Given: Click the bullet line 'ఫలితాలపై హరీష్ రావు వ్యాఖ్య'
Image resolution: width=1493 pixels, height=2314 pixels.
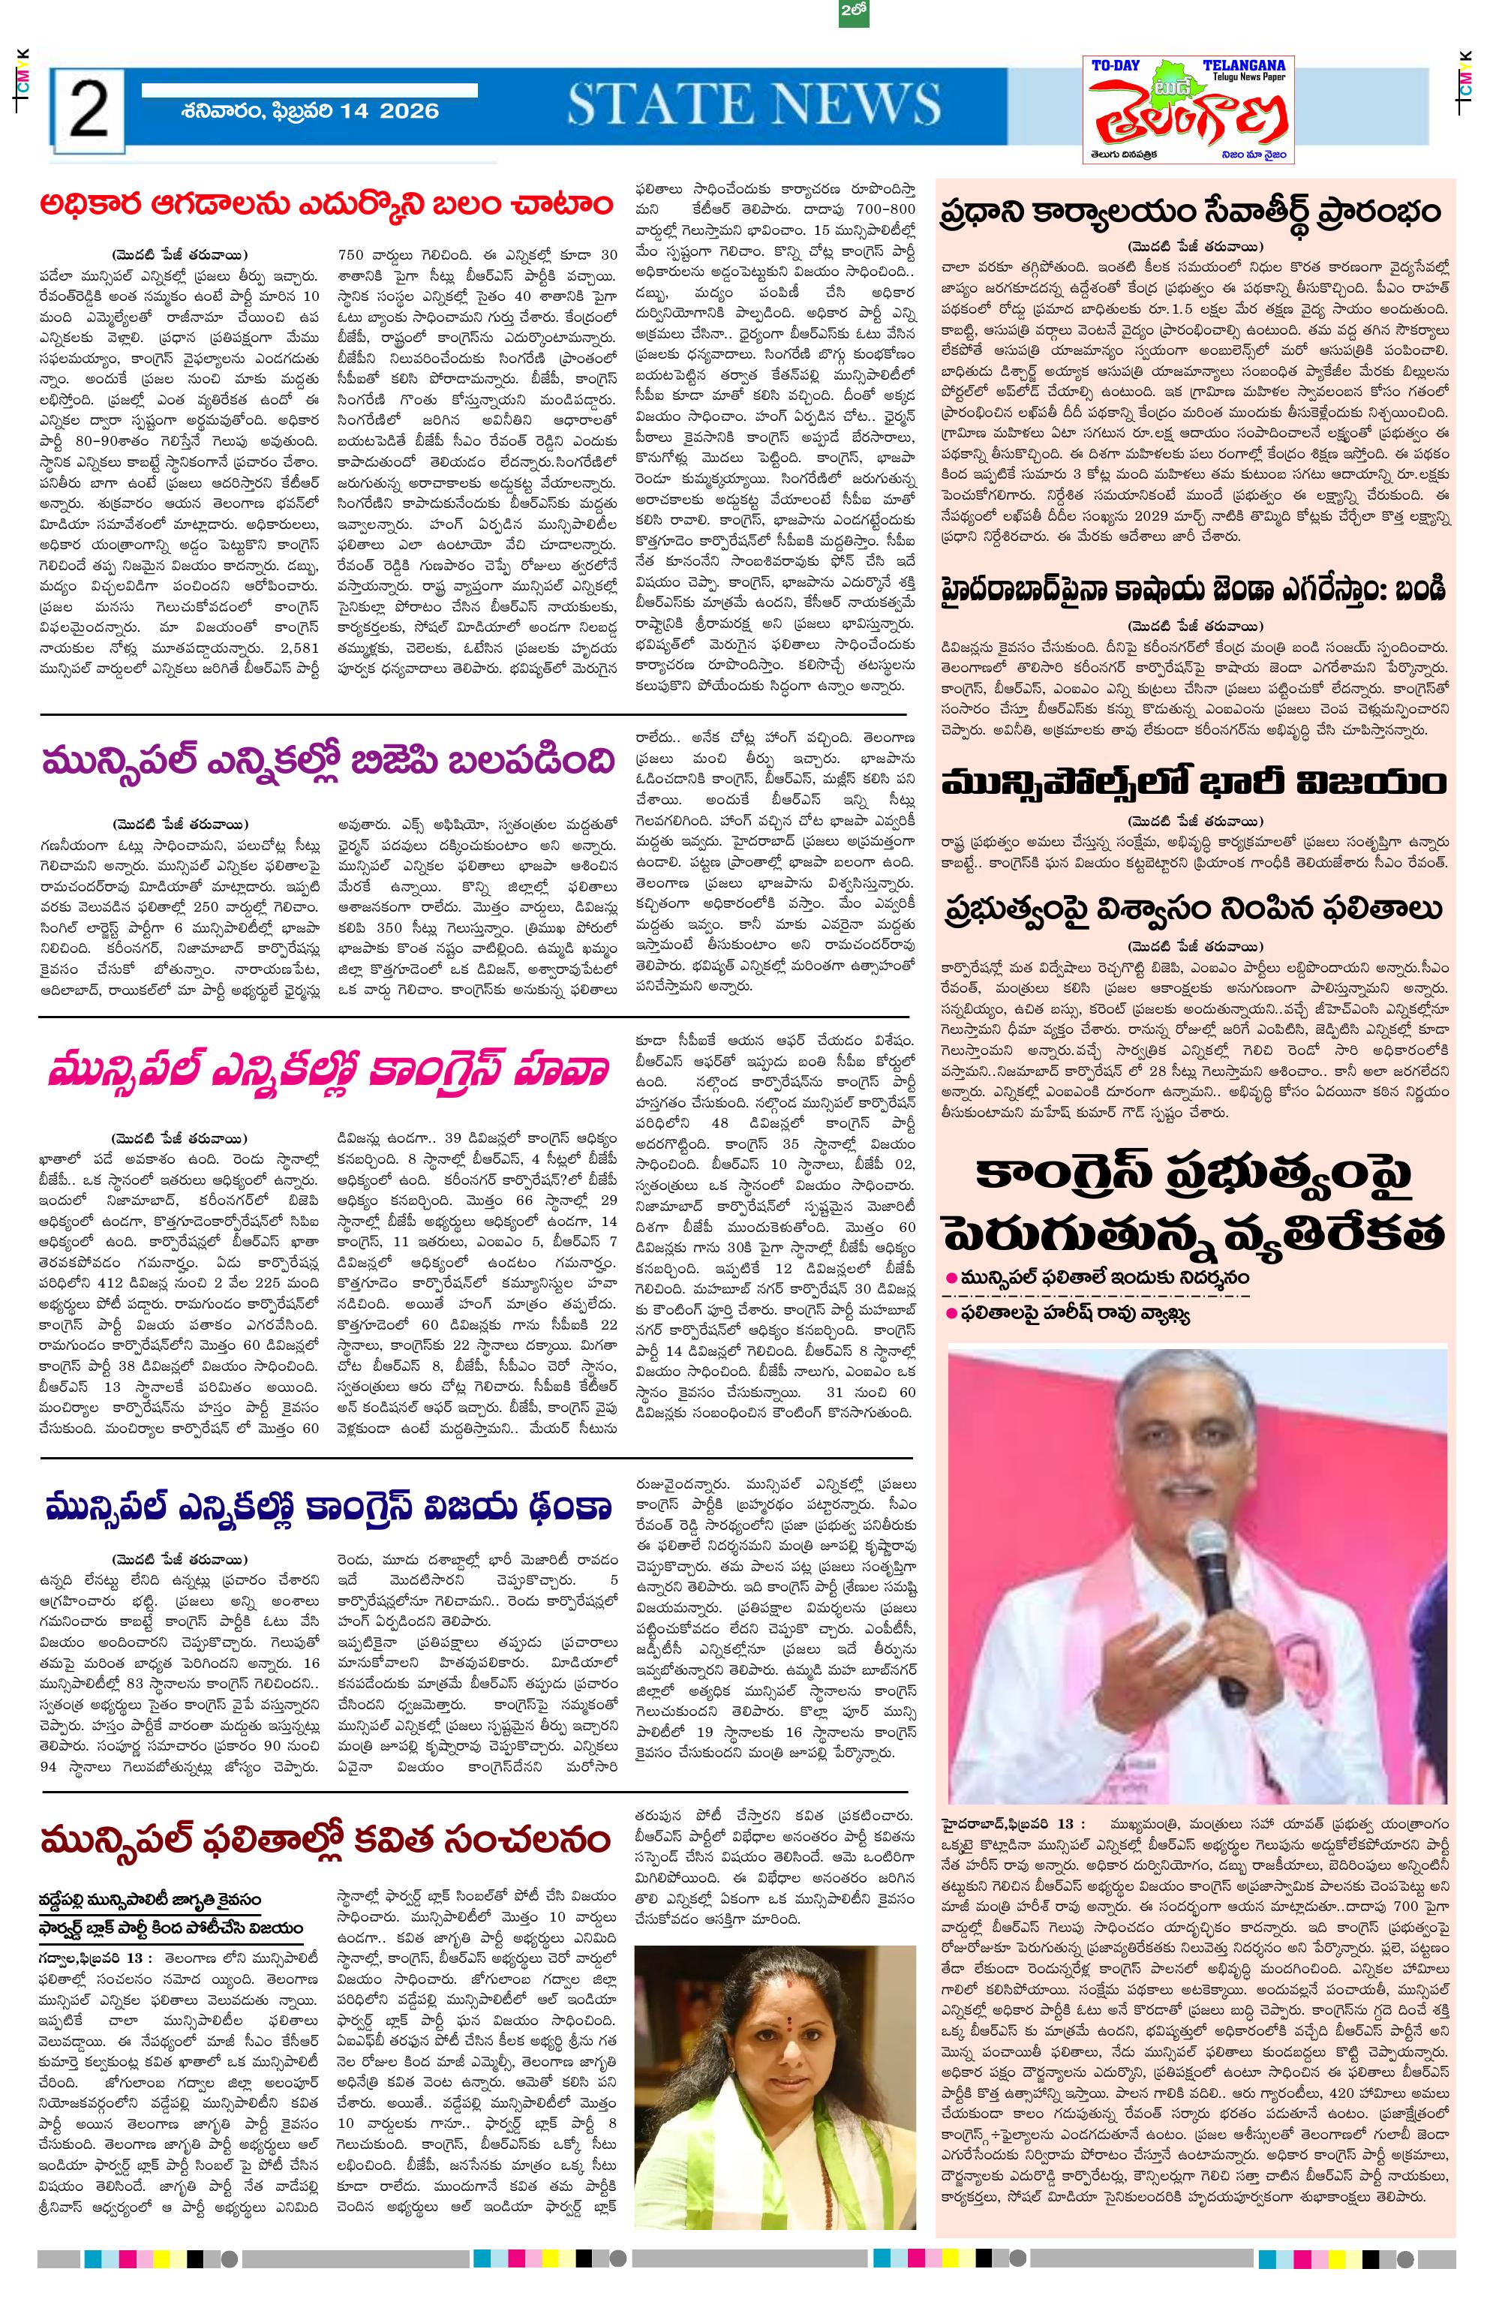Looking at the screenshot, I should (1076, 1315).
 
